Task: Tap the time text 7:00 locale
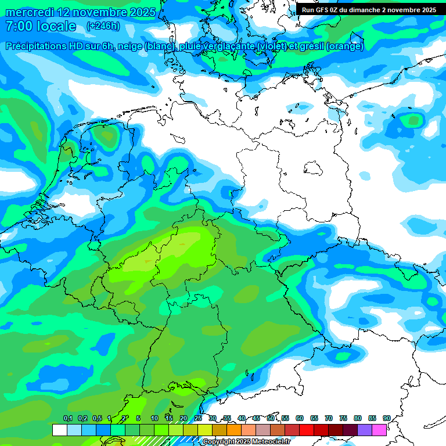click(x=41, y=26)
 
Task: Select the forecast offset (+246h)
click(x=103, y=26)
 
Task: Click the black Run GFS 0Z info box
click(x=369, y=9)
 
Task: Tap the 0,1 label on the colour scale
click(x=68, y=418)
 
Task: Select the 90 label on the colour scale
click(x=386, y=418)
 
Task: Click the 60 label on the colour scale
click(x=300, y=418)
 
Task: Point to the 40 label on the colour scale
click(x=242, y=418)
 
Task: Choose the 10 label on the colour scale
click(x=154, y=418)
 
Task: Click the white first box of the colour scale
click(x=59, y=430)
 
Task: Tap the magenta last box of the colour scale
click(x=379, y=430)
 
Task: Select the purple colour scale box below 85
click(x=365, y=430)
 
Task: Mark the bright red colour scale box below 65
click(x=307, y=430)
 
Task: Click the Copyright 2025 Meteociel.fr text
click(x=246, y=441)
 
